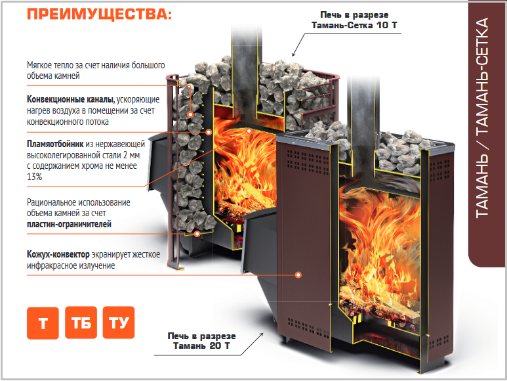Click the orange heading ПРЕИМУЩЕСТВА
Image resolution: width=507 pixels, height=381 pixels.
pos(99,14)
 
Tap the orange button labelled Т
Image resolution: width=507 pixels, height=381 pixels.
pos(43,323)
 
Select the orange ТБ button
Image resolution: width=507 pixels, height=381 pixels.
pos(81,323)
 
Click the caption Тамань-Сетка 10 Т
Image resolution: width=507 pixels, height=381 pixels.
pos(354,25)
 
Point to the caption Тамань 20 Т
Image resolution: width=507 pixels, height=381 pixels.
pos(201,346)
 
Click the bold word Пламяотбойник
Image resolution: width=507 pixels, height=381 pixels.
pos(55,144)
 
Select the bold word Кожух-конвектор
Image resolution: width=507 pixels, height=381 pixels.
pos(58,254)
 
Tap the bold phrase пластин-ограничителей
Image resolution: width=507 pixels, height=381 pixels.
pos(69,224)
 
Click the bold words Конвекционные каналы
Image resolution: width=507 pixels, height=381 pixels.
pos(70,99)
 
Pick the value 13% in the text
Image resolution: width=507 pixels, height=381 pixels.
pos(34,177)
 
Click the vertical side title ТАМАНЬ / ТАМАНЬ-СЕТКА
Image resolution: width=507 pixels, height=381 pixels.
pos(482,117)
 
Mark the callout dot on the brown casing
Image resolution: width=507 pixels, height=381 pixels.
pos(298,275)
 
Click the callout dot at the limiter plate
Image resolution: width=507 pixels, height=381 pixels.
pos(197,234)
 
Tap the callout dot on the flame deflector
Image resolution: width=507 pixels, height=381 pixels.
pos(249,131)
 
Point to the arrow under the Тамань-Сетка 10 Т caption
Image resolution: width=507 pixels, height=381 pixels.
pos(298,45)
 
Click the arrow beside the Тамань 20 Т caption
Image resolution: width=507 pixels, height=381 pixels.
pos(253,344)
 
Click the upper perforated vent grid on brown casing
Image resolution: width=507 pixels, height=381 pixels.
pos(307,161)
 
